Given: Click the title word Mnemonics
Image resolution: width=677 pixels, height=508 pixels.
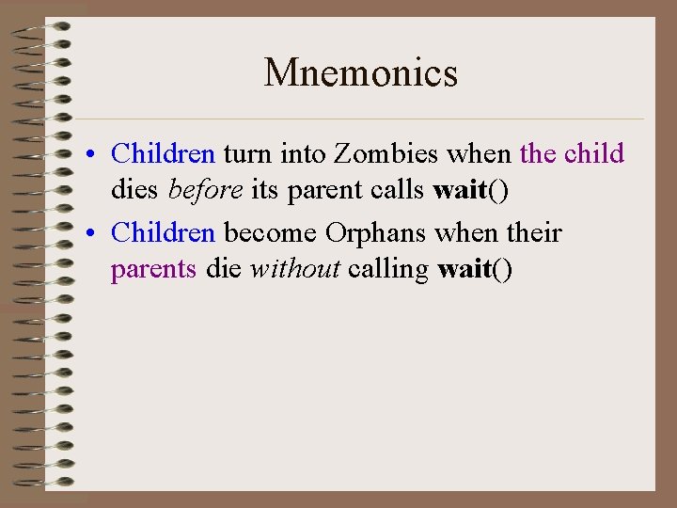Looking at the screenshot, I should point(361,73).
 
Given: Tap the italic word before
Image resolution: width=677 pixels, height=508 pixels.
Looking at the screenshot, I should point(206,191).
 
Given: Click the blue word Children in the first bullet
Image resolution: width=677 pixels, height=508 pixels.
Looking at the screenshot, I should point(163,153).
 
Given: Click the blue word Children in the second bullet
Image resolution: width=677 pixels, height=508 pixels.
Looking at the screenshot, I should point(163,233).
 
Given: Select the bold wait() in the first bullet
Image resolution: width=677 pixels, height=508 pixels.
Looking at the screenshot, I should point(470,191).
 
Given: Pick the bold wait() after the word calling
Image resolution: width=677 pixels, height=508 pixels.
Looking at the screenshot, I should point(475,270).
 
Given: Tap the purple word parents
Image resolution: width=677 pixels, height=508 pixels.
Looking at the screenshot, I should point(153,270).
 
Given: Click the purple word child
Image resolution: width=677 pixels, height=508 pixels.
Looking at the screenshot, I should point(595,153).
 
